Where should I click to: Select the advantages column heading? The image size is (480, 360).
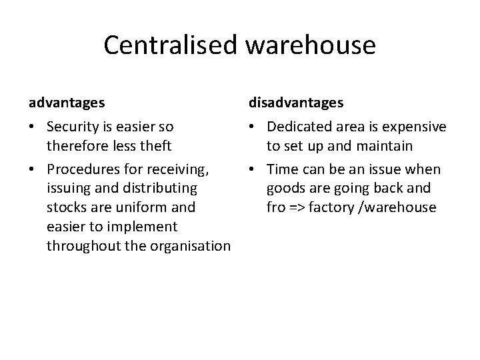coord(66,103)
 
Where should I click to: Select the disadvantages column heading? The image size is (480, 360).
coord(296,103)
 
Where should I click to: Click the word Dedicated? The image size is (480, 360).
coord(304,127)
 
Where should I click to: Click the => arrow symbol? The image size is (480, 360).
coord(297,207)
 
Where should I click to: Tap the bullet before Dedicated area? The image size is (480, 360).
coord(252,127)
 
